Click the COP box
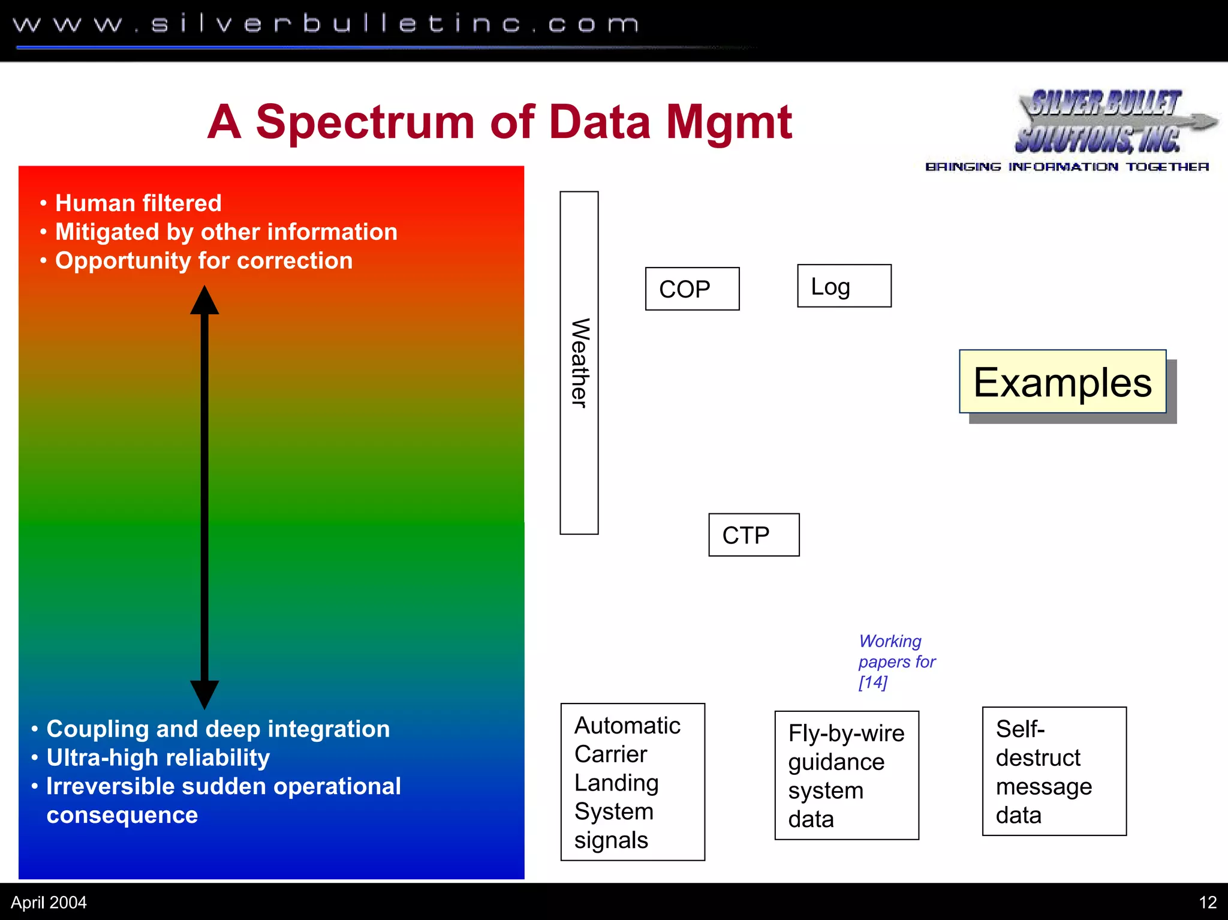[x=692, y=288]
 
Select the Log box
[x=844, y=286]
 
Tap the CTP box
[x=753, y=534]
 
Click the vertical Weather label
[x=579, y=363]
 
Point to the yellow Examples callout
[x=1062, y=382]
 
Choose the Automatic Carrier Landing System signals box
[x=632, y=781]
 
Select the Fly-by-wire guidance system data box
[x=846, y=775]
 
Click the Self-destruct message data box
[x=1054, y=771]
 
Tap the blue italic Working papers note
[x=896, y=662]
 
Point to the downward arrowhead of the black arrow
[x=204, y=694]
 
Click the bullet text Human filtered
[x=138, y=203]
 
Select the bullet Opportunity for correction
[x=203, y=261]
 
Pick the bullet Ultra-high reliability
[x=158, y=757]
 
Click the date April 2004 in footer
[x=49, y=902]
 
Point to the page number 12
[x=1207, y=902]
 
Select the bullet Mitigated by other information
[x=226, y=232]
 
